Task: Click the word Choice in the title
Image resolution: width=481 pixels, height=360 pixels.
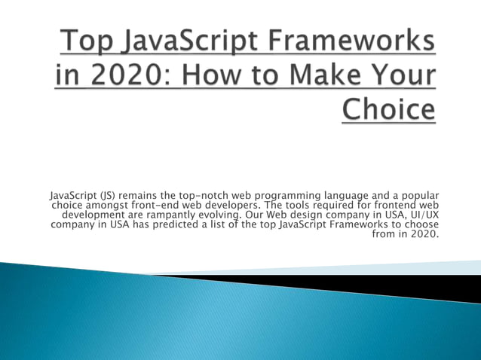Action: tap(389, 109)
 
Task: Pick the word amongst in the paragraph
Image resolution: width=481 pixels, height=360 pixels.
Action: tap(111, 206)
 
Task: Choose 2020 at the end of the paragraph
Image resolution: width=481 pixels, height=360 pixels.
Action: tap(424, 233)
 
